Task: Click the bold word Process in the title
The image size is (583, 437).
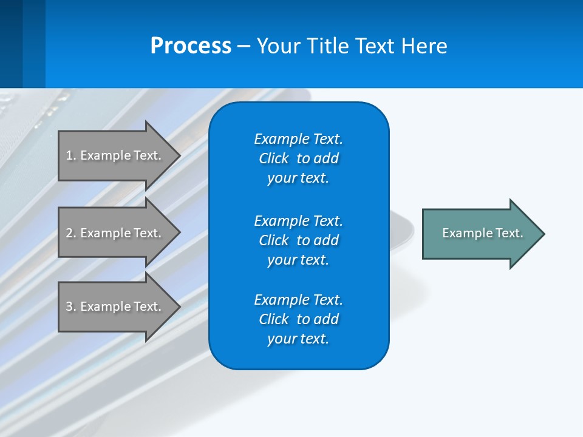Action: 191,46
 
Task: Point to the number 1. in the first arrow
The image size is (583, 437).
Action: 71,155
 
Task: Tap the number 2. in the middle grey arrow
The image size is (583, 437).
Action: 71,233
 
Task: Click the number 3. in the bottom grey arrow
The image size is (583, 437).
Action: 71,307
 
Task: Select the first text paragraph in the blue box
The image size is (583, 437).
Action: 298,158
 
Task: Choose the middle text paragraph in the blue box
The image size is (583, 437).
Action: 298,240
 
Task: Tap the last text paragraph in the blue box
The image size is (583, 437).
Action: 298,319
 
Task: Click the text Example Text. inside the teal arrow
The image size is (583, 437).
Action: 483,233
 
